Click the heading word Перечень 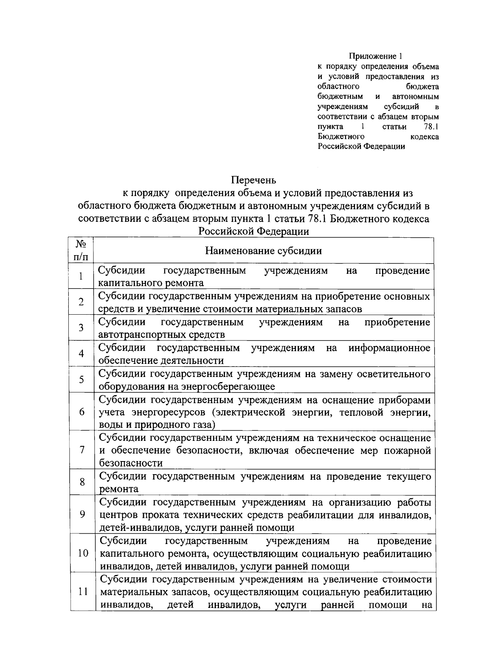pyautogui.click(x=254, y=181)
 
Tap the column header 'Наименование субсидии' pyautogui.click(x=264, y=251)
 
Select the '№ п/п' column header pyautogui.click(x=81, y=250)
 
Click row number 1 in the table pyautogui.click(x=81, y=276)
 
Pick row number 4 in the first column pyautogui.click(x=81, y=354)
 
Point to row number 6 pyautogui.click(x=81, y=412)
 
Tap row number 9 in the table pyautogui.click(x=82, y=514)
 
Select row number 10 pyautogui.click(x=83, y=553)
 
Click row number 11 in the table pyautogui.click(x=83, y=592)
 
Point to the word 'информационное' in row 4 pyautogui.click(x=389, y=348)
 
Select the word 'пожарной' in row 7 pyautogui.click(x=411, y=451)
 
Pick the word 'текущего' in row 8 pyautogui.click(x=409, y=476)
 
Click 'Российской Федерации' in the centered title pyautogui.click(x=254, y=232)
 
